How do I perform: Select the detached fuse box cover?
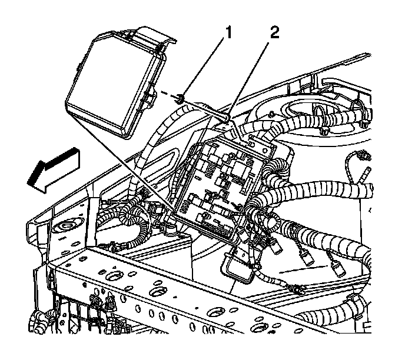(115, 85)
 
